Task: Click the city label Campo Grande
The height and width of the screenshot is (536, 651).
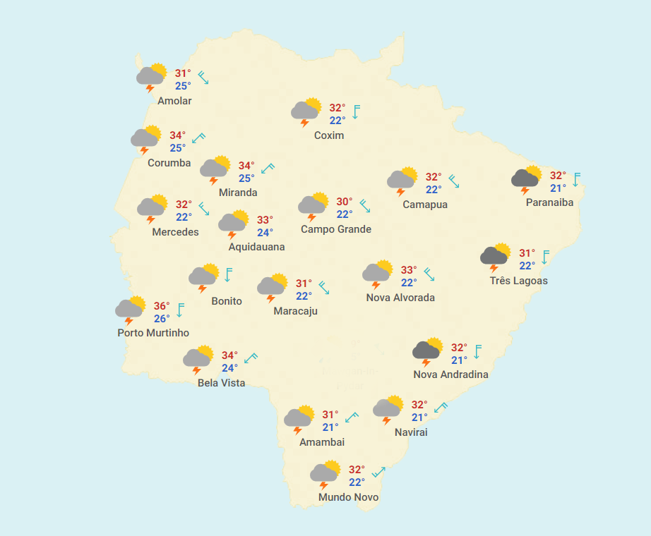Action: click(335, 229)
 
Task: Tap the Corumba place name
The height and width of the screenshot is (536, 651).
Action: click(169, 163)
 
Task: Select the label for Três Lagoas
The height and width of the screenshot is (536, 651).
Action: click(518, 281)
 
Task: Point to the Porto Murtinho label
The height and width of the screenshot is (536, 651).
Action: click(153, 333)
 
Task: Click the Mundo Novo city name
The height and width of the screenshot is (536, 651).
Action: click(348, 497)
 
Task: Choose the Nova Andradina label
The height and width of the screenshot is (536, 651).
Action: click(450, 374)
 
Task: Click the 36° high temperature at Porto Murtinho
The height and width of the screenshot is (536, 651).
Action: click(162, 306)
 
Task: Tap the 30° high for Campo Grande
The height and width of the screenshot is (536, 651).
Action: click(344, 202)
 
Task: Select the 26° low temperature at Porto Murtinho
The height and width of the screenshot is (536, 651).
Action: click(162, 319)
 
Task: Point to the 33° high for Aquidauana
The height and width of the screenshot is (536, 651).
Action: click(264, 220)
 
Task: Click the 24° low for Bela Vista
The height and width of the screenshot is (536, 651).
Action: click(229, 368)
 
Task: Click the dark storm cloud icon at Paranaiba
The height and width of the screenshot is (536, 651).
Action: click(527, 178)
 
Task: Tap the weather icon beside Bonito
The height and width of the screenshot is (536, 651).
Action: click(204, 277)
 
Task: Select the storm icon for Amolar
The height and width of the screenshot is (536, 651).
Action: click(151, 76)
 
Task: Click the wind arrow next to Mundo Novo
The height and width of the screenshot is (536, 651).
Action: click(379, 472)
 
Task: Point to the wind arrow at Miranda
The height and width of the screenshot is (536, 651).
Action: click(268, 169)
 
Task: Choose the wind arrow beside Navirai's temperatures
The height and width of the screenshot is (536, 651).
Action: click(441, 408)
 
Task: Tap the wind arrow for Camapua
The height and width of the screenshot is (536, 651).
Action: click(454, 181)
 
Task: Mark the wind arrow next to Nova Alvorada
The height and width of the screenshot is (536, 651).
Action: click(429, 274)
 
